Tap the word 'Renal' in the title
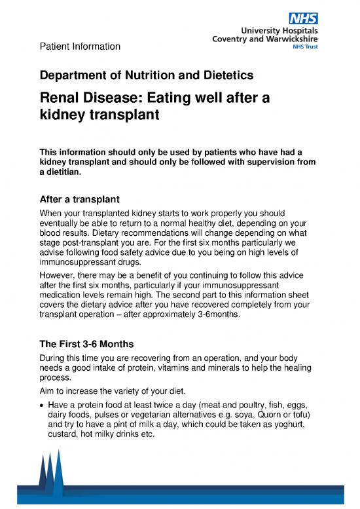65,99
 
